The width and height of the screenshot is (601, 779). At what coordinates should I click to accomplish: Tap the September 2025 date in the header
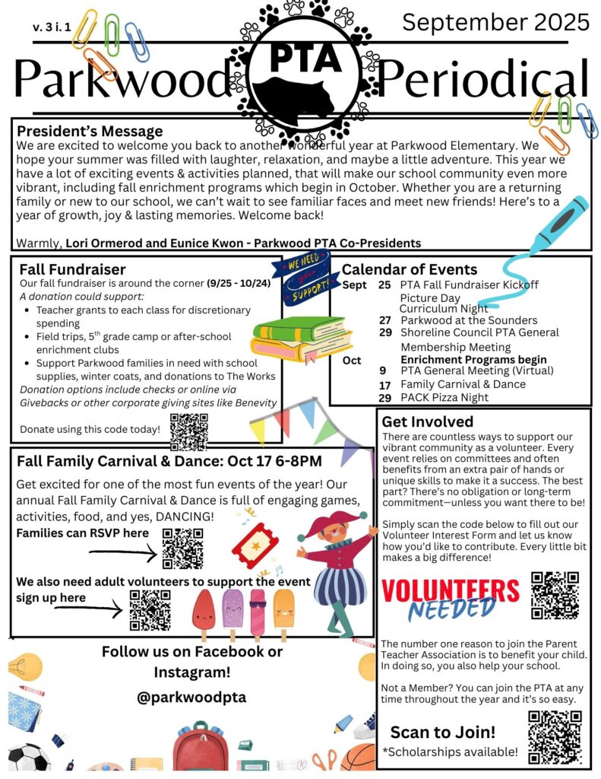495,22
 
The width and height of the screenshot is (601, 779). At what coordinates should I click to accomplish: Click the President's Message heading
90,131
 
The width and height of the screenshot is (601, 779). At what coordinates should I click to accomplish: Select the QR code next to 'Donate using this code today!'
188,431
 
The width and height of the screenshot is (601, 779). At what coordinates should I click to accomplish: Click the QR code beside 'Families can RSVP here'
182,548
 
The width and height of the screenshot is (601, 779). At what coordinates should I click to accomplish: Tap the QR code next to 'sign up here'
150,610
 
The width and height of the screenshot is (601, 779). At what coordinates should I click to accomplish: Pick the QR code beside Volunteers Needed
555,594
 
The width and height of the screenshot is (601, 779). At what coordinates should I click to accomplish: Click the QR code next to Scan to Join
555,736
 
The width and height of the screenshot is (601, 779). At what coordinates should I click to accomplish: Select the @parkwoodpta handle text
191,696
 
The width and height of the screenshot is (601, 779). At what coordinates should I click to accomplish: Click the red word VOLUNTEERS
450,590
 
